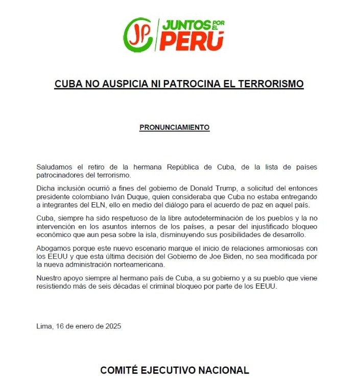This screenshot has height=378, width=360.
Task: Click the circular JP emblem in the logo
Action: [x=138, y=35]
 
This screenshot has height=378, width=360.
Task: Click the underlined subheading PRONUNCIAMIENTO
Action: [x=174, y=127]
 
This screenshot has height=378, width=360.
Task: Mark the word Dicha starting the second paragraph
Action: [x=46, y=188]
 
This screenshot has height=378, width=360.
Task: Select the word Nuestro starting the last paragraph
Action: [x=50, y=278]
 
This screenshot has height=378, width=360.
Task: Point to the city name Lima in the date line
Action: [x=44, y=326]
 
